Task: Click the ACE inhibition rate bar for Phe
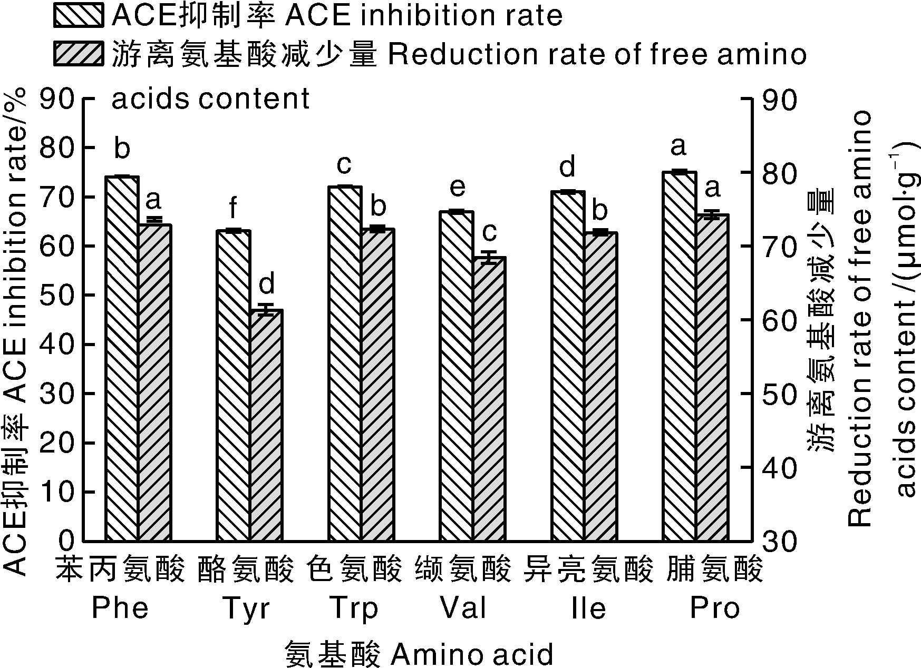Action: pyautogui.click(x=122, y=358)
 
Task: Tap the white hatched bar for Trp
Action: pyautogui.click(x=345, y=364)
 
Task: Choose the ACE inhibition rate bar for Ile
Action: pyautogui.click(x=568, y=366)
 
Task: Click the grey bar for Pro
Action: pyautogui.click(x=712, y=377)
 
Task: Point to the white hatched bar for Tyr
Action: pyautogui.click(x=233, y=385)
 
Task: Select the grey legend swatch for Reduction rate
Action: pyautogui.click(x=79, y=53)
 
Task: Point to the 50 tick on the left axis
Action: pyautogui.click(x=84, y=295)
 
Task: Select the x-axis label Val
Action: pyautogui.click(x=463, y=609)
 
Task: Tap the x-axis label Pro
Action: pyautogui.click(x=715, y=609)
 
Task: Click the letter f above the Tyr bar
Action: pyautogui.click(x=232, y=209)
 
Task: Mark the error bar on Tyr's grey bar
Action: pyautogui.click(x=266, y=309)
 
